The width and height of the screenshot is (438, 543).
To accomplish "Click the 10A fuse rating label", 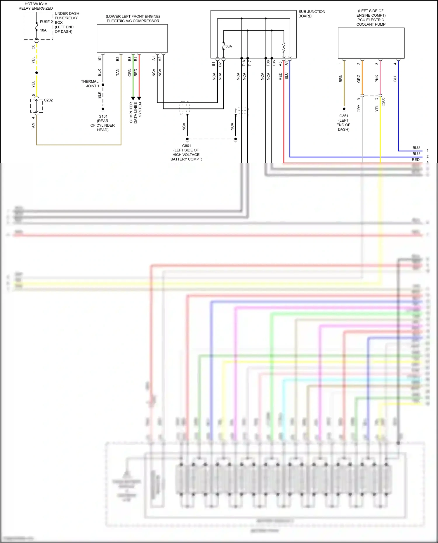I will (x=43, y=30).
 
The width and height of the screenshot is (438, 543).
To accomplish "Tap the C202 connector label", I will (x=48, y=100).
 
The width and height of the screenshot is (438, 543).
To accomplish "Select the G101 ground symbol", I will (x=103, y=110).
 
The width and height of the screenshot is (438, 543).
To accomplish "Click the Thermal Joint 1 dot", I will (x=103, y=85).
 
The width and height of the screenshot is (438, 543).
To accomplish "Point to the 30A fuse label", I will (x=229, y=46).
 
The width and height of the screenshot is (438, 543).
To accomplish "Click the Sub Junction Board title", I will (x=312, y=14).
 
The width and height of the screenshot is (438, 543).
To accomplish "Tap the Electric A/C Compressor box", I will (x=132, y=38).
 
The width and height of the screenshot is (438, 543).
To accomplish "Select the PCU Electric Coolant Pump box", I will (x=371, y=43).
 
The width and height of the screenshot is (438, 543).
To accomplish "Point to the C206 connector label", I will (x=383, y=102).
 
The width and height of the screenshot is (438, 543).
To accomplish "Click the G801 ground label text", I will (x=186, y=152).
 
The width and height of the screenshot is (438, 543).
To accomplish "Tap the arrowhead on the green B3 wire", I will (x=133, y=98).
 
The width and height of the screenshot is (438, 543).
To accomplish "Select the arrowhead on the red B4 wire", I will (x=139, y=98).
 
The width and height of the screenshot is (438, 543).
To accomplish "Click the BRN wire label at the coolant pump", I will (x=340, y=78).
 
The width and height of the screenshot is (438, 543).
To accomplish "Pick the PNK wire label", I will (x=377, y=78).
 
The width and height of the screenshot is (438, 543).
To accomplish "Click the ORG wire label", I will (x=359, y=78).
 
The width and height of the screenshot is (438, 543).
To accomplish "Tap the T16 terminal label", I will (x=244, y=63).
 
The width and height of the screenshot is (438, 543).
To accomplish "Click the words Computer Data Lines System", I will (x=135, y=113).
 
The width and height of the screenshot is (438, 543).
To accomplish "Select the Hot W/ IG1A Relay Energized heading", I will (x=36, y=6).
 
